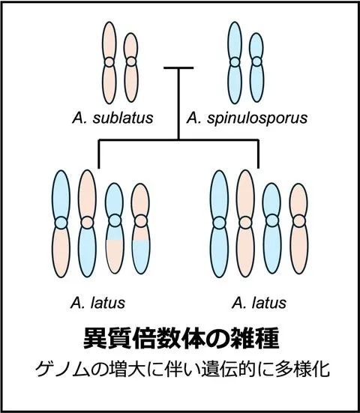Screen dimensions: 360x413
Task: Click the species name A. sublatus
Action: click(112, 118)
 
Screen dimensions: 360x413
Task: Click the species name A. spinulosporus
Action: click(247, 118)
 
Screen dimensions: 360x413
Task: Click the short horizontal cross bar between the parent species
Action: click(178, 68)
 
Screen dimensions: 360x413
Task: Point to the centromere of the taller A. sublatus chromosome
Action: click(109, 62)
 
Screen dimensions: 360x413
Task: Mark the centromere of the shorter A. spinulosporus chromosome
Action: click(256, 62)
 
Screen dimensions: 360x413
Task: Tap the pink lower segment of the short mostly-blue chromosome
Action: click(115, 257)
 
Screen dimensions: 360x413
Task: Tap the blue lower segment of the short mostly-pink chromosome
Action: click(141, 257)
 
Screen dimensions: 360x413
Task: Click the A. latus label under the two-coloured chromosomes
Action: click(97, 303)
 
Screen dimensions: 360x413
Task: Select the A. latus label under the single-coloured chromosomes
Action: click(259, 303)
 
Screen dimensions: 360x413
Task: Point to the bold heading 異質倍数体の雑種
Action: click(181, 339)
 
